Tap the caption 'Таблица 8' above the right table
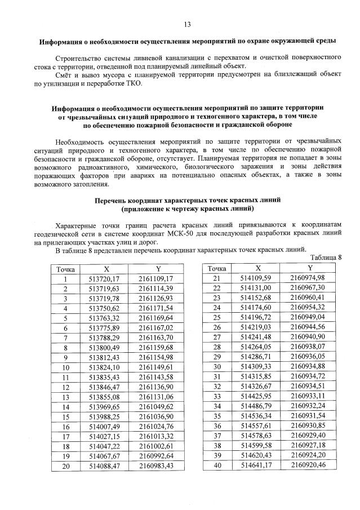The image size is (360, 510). (x=327, y=258)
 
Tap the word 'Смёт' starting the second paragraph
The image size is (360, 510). (x=65, y=75)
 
